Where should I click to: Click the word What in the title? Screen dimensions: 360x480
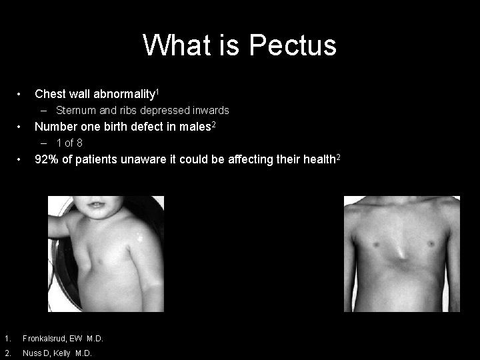click(x=173, y=45)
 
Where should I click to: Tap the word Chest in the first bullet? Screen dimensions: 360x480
click(x=49, y=93)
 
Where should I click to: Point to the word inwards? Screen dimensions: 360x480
click(x=209, y=110)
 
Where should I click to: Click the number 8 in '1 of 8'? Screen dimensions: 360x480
click(x=79, y=143)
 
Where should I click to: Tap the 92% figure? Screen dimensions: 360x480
click(x=47, y=159)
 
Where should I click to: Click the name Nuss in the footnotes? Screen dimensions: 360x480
click(x=32, y=353)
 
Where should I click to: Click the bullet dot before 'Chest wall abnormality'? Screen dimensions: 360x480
click(x=22, y=93)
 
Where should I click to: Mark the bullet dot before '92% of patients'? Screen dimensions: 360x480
click(x=22, y=159)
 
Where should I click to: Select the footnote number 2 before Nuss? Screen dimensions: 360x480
click(x=5, y=353)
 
